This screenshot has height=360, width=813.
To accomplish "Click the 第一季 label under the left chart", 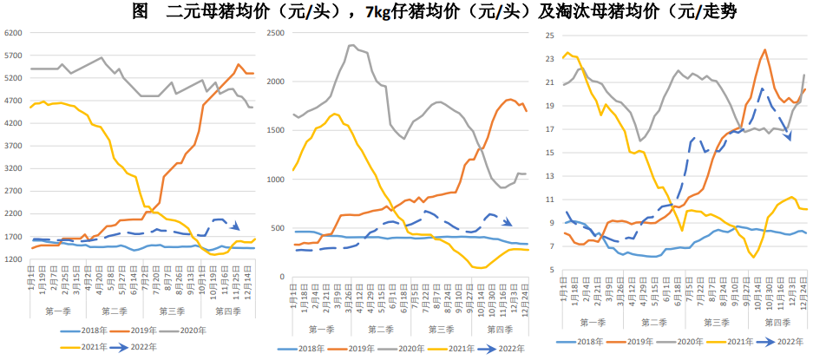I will (x=61, y=311).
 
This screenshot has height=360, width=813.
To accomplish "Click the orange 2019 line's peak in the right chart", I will (x=764, y=50).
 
